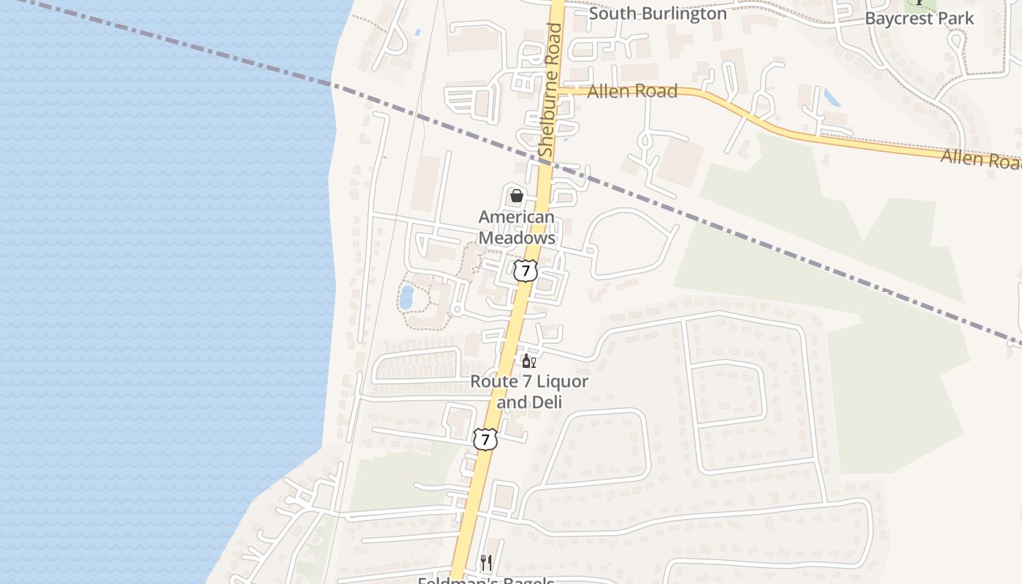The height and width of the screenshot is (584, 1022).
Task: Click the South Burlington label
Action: (x=658, y=13)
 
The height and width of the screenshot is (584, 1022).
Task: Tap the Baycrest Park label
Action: (x=919, y=18)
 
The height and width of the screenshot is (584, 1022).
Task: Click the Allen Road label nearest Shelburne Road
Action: (x=632, y=91)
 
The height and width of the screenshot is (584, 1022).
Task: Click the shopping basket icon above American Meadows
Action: (x=517, y=196)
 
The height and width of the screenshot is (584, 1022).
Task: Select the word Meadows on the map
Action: (x=517, y=238)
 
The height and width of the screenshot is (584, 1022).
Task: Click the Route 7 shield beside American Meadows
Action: (x=525, y=271)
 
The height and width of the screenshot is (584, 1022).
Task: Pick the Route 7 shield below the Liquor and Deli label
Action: (x=485, y=439)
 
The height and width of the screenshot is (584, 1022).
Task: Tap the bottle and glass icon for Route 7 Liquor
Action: (x=529, y=361)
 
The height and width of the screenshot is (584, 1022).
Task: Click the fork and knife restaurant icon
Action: (x=486, y=562)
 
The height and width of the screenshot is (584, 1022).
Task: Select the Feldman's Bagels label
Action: (x=486, y=580)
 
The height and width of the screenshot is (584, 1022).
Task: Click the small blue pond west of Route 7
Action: (x=406, y=297)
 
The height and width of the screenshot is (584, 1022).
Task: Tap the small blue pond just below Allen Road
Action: (x=831, y=98)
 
